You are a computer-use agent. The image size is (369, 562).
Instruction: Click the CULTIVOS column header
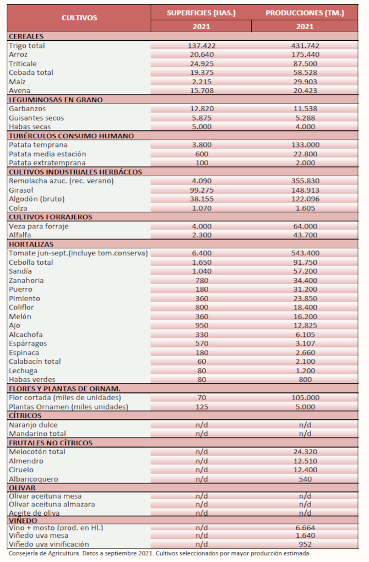point(79,18)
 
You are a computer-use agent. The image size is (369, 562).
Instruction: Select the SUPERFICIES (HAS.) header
point(201,13)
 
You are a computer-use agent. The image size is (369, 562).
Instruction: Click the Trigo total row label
point(27,46)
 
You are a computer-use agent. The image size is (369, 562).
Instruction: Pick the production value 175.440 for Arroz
point(305,54)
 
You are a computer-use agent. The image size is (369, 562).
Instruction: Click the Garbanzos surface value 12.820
point(200,108)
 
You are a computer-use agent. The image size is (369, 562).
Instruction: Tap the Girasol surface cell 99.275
point(200,189)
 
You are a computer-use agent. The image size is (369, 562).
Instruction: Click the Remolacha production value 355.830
point(305,181)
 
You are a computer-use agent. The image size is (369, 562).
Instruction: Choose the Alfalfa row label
point(21,234)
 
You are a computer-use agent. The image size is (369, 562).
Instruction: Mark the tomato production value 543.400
point(305,253)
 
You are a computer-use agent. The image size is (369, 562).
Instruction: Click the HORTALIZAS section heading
point(31,244)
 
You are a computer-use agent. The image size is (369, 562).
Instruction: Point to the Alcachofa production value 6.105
point(305,334)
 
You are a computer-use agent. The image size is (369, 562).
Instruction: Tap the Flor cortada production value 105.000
point(305,397)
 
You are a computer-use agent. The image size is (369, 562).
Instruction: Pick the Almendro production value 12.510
point(305,461)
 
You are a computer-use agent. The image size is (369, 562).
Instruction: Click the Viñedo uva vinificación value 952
point(305,544)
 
